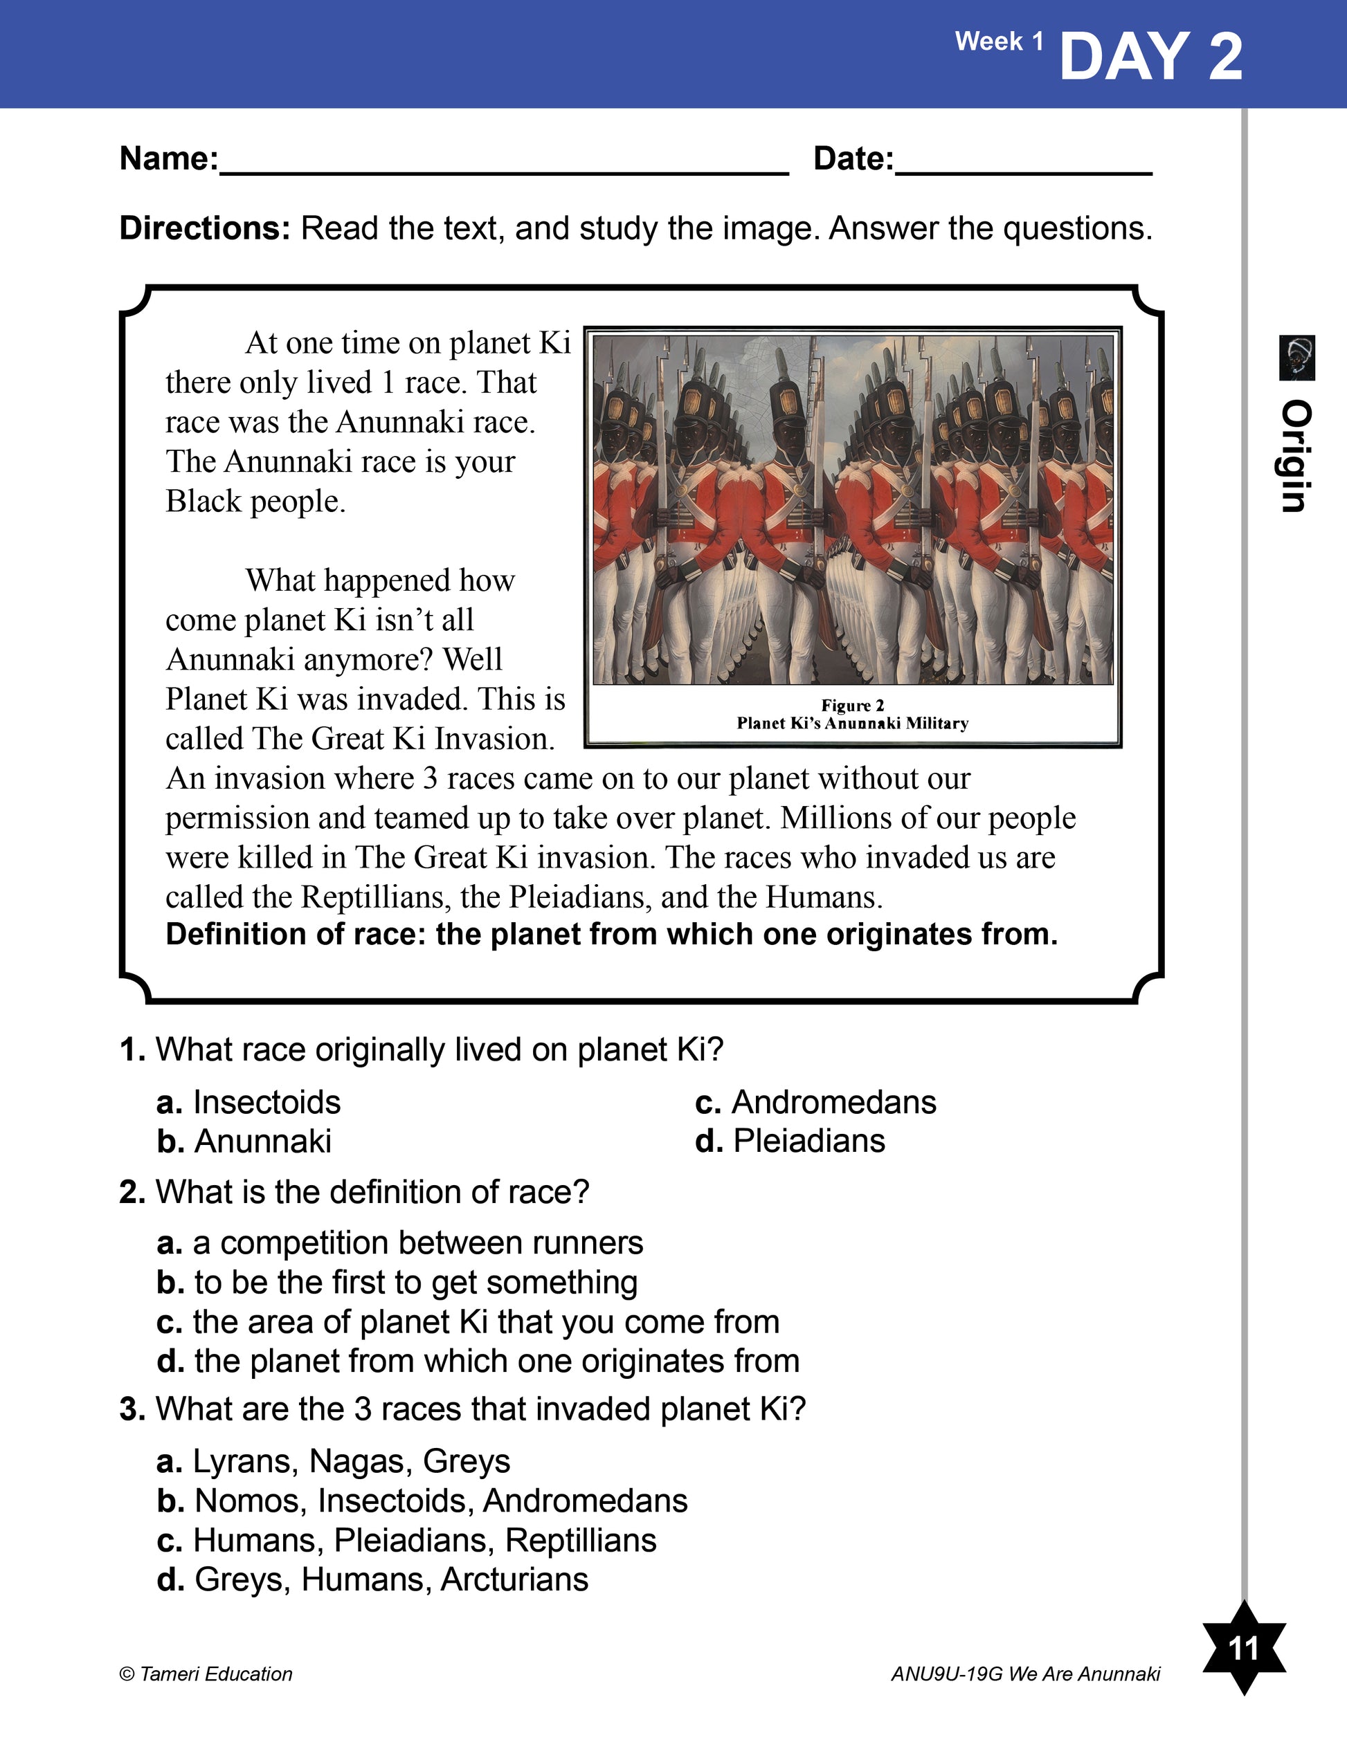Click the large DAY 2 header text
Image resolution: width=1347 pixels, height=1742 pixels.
point(1150,57)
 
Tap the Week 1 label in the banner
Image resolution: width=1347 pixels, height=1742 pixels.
point(999,42)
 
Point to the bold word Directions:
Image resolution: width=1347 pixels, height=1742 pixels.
point(205,229)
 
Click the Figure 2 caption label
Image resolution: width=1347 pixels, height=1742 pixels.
point(852,705)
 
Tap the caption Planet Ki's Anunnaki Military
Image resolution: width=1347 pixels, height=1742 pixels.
point(852,724)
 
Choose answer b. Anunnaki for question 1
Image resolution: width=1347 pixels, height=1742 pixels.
point(244,1142)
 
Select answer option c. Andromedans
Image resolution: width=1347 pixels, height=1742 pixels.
point(815,1102)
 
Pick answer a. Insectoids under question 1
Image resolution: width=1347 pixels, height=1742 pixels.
point(249,1102)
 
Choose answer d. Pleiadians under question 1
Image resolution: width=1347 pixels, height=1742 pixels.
point(790,1142)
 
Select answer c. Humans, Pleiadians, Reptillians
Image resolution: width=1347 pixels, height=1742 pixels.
point(407,1540)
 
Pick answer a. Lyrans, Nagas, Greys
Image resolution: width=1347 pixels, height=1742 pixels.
point(334,1461)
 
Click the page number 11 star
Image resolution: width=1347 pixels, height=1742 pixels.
point(1243,1647)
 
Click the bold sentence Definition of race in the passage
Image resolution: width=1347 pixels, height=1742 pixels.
point(611,934)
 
